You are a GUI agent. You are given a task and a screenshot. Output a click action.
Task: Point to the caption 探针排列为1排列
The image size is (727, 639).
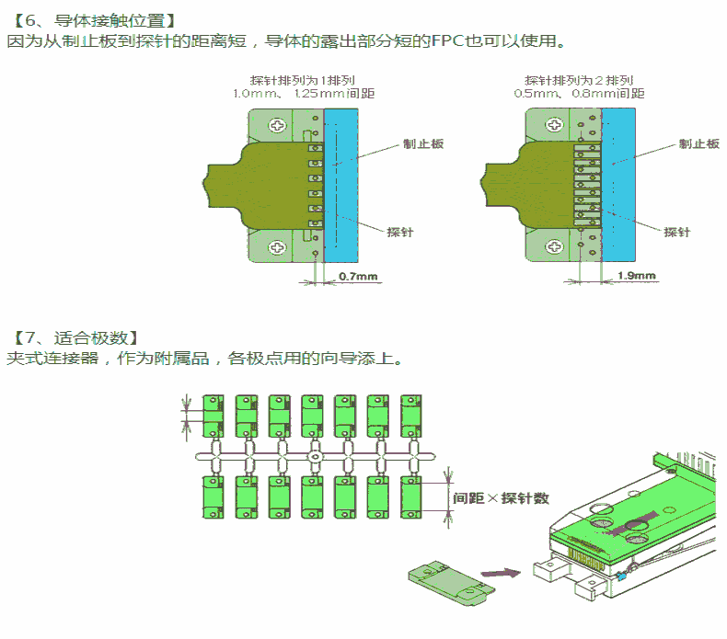(303, 80)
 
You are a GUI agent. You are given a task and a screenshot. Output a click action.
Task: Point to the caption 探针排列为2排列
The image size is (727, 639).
(579, 80)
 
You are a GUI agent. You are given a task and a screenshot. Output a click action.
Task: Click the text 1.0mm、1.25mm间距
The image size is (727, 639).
(303, 94)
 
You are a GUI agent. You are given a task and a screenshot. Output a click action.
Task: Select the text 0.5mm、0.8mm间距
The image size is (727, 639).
(579, 94)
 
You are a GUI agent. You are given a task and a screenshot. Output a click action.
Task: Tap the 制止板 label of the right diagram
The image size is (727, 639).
(698, 144)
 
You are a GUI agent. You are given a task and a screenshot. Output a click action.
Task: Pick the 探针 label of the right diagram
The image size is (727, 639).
(676, 232)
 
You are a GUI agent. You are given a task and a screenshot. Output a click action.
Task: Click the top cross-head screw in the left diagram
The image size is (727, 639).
(276, 124)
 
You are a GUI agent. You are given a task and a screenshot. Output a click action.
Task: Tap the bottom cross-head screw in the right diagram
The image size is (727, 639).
(553, 246)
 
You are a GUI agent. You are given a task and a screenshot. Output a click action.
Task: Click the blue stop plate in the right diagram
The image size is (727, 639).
(619, 184)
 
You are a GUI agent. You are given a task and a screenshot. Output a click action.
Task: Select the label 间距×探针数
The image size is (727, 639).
(502, 498)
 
